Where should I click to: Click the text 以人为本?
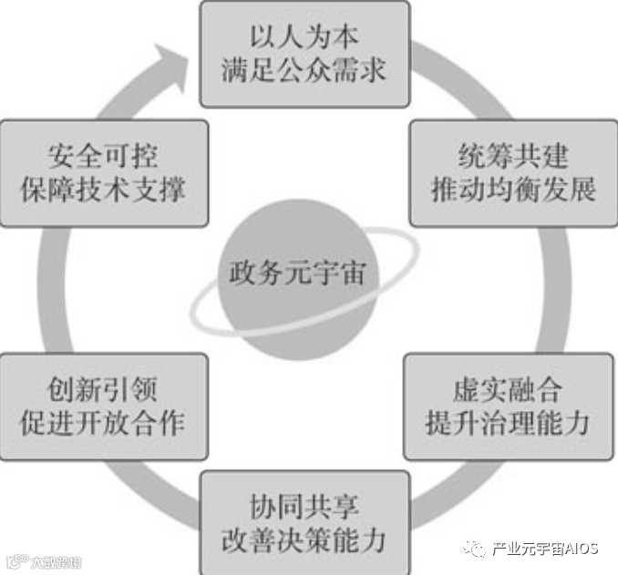coord(304,39)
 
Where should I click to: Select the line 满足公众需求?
coord(304,71)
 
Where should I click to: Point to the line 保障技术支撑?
coord(103,190)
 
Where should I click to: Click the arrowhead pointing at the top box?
coord(175,58)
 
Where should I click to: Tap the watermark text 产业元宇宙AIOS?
coord(544,548)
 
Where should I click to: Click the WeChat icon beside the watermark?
coord(475,548)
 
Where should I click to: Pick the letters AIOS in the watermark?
coord(581,548)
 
